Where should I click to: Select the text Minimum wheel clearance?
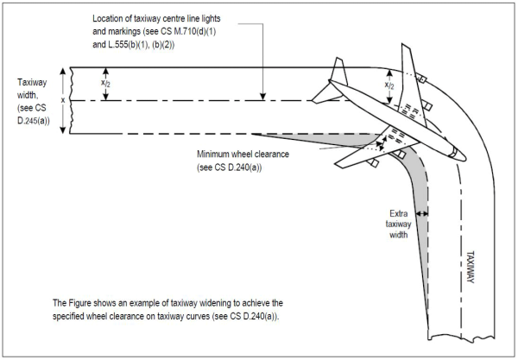[244, 155]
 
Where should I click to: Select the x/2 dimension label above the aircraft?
[389, 86]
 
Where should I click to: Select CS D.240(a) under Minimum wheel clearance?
[233, 167]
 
